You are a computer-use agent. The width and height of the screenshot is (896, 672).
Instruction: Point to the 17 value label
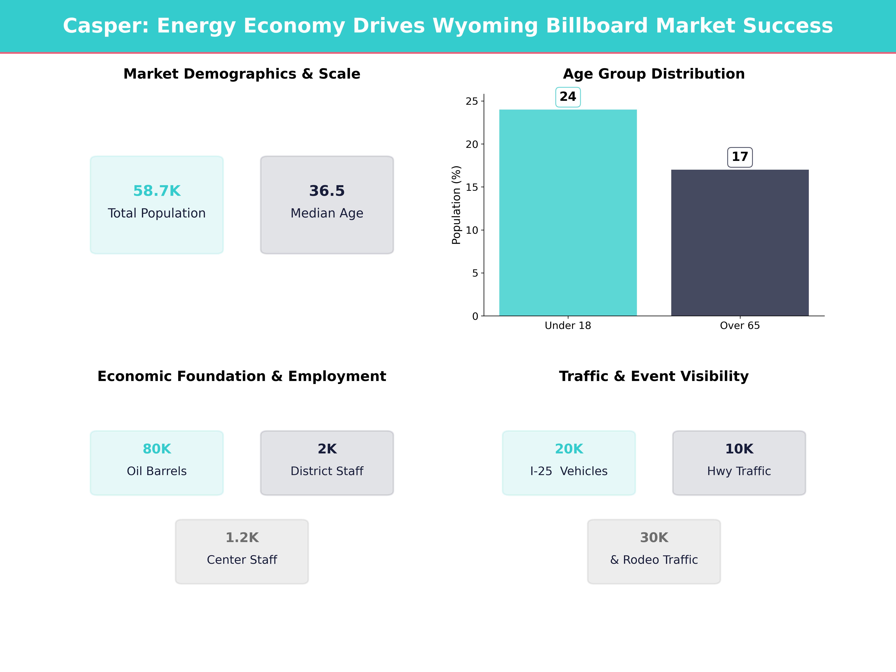740,157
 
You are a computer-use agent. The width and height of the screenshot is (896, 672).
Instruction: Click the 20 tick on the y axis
472,144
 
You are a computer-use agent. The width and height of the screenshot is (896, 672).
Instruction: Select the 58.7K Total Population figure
157,191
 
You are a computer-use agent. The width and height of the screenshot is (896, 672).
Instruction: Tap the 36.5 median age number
327,191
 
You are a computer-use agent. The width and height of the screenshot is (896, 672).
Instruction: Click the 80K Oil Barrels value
157,449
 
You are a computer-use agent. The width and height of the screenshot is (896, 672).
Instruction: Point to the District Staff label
327,471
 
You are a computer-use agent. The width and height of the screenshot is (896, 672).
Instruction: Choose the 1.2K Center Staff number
242,538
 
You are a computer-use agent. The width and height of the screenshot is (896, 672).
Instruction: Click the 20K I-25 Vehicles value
569,449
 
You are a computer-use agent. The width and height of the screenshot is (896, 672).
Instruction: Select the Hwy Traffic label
739,471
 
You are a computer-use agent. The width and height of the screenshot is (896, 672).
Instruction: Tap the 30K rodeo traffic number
654,538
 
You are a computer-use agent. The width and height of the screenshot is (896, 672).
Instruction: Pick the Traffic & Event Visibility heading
654,376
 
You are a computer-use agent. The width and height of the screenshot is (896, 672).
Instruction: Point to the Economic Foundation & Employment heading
242,376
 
